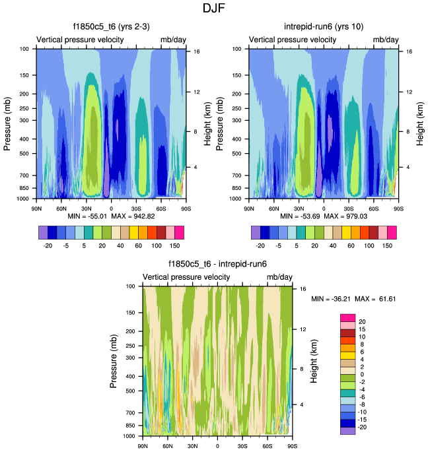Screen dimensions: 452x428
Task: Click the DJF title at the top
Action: (x=214, y=9)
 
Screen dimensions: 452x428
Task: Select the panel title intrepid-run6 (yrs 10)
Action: (x=323, y=27)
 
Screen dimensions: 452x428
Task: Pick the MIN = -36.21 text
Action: (x=332, y=300)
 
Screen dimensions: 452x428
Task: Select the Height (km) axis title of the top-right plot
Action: (x=417, y=123)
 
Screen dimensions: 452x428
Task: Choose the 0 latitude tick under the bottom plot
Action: (x=217, y=446)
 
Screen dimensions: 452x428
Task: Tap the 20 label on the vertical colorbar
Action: (x=363, y=321)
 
